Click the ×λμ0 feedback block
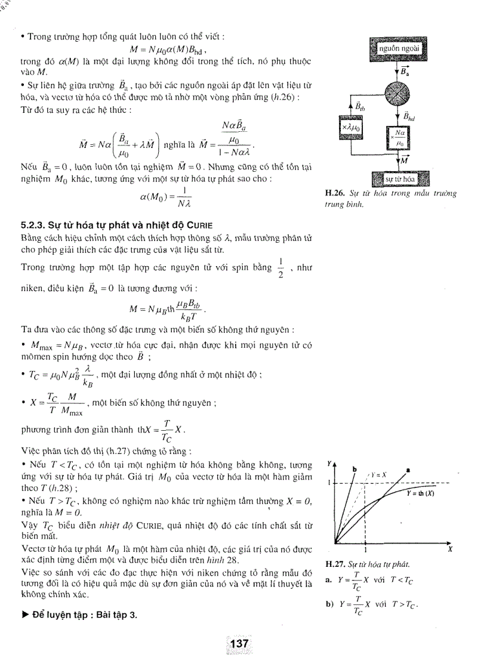(x=354, y=128)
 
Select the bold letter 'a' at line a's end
(x=409, y=470)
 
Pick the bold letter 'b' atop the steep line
(x=355, y=470)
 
